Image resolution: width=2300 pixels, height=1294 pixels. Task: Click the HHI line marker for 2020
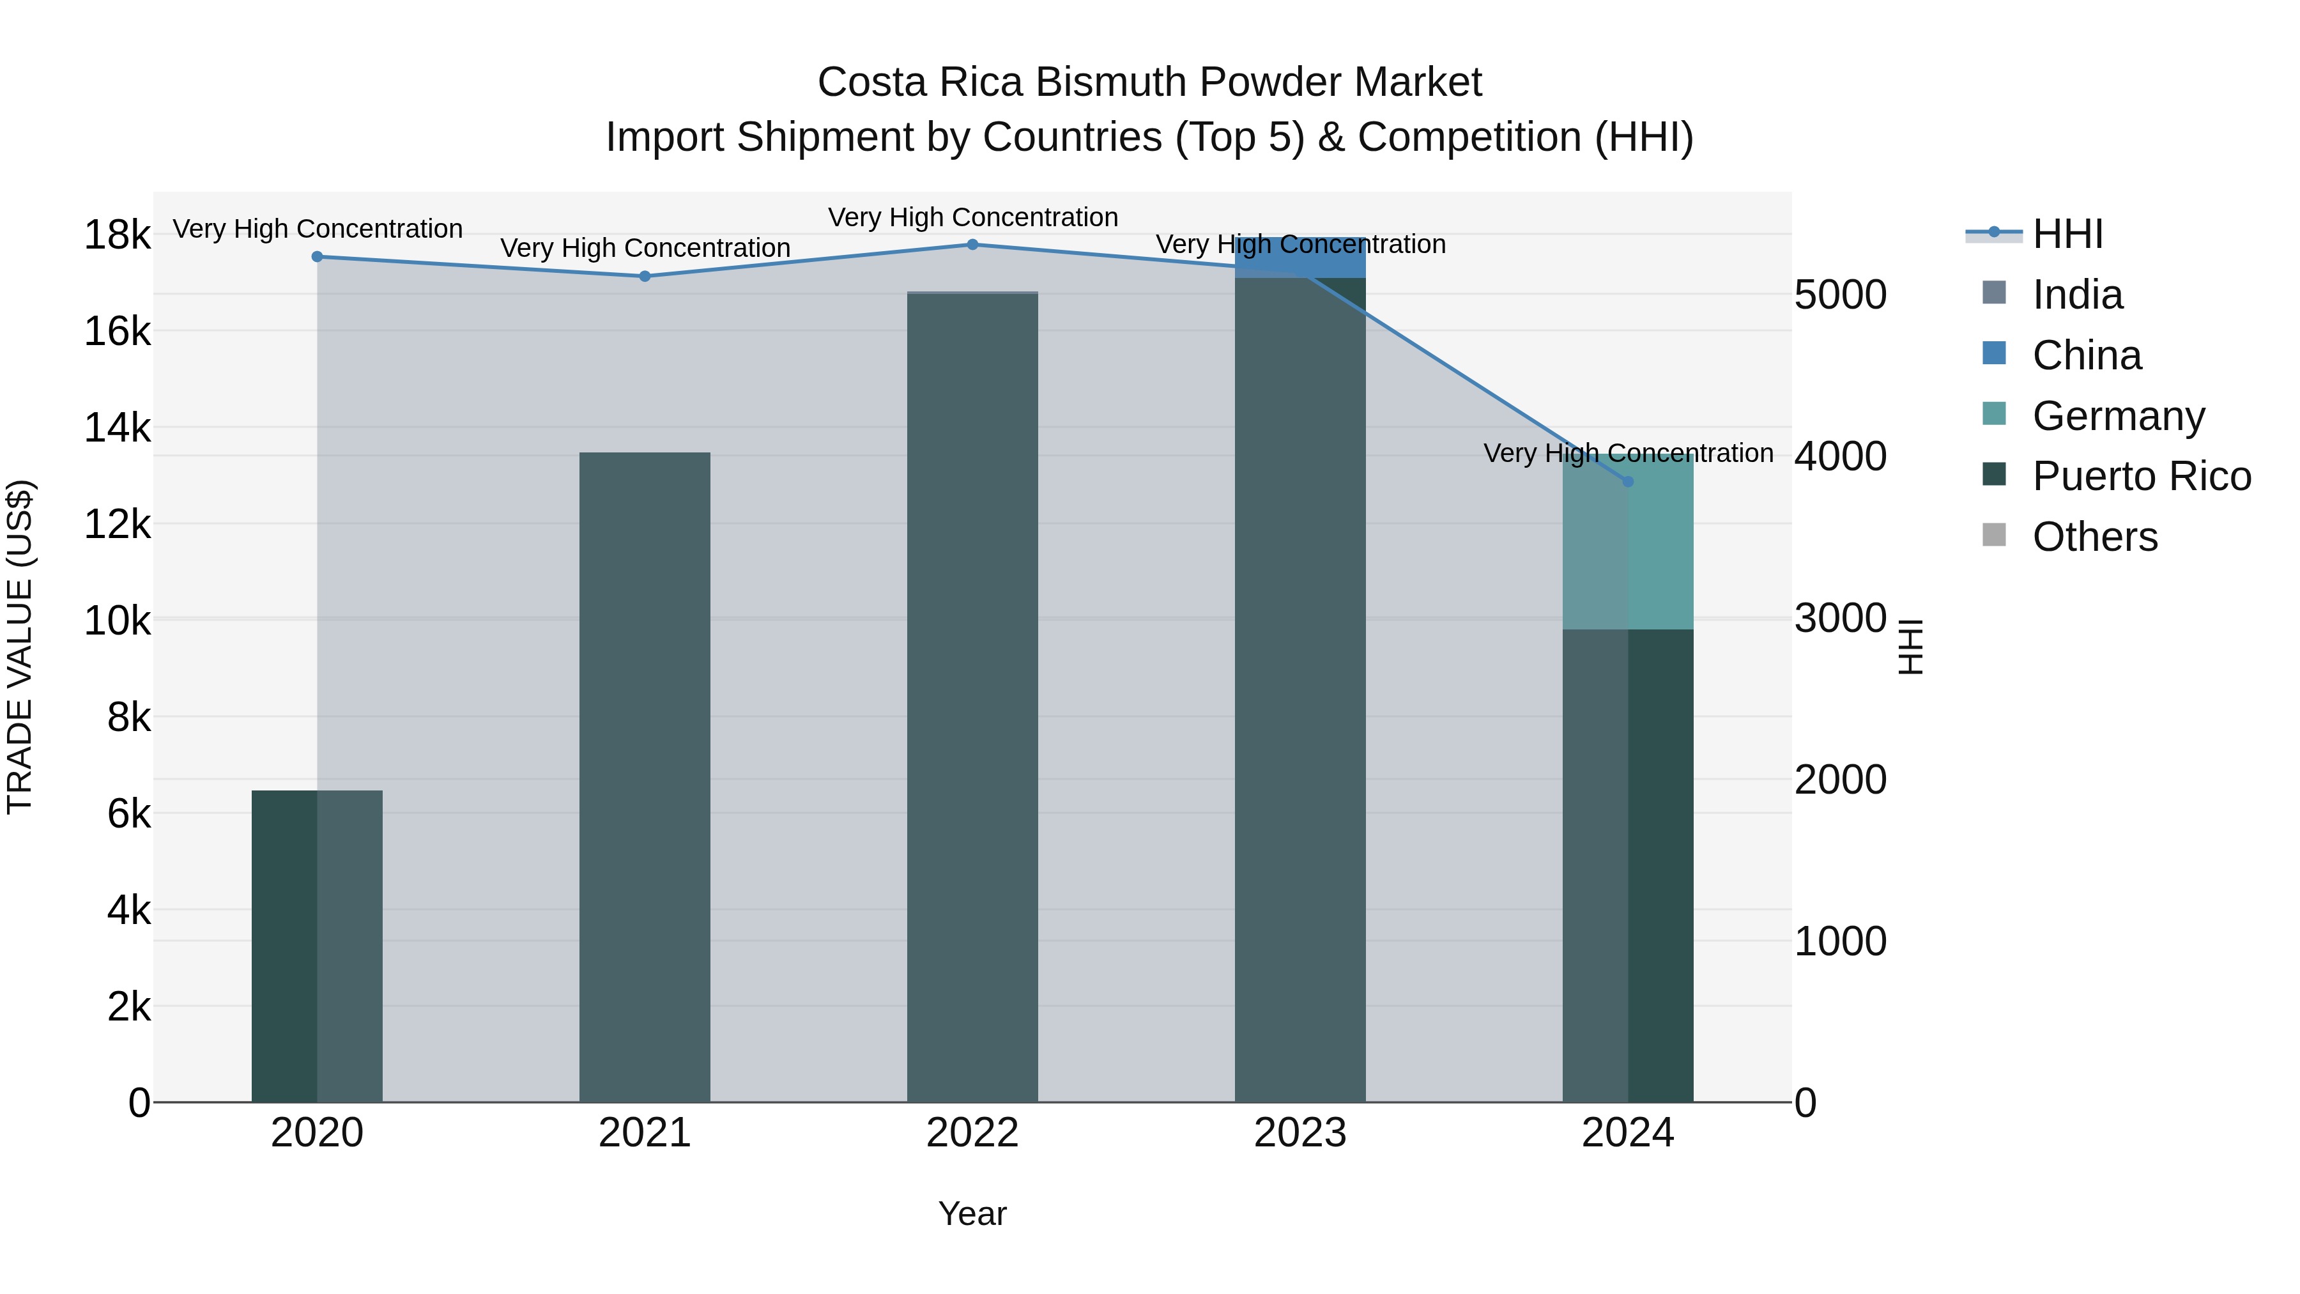coord(317,256)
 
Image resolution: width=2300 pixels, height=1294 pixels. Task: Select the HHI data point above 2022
coord(972,244)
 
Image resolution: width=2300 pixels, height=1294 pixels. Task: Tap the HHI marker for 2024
coord(1628,481)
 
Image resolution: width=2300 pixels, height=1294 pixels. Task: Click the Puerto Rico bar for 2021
coord(645,777)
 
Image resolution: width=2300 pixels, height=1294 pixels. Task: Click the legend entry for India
coord(2077,295)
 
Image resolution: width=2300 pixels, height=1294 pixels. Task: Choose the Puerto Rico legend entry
coord(2141,476)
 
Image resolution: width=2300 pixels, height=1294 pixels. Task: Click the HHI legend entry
coord(2067,234)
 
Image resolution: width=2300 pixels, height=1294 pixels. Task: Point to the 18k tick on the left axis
coord(117,236)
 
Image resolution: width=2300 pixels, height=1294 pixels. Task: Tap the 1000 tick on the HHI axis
coord(1840,941)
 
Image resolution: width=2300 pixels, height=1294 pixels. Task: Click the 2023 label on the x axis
coord(1300,1133)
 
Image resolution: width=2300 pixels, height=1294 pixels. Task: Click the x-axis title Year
coord(972,1213)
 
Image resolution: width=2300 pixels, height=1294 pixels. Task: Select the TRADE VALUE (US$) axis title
coord(20,647)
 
